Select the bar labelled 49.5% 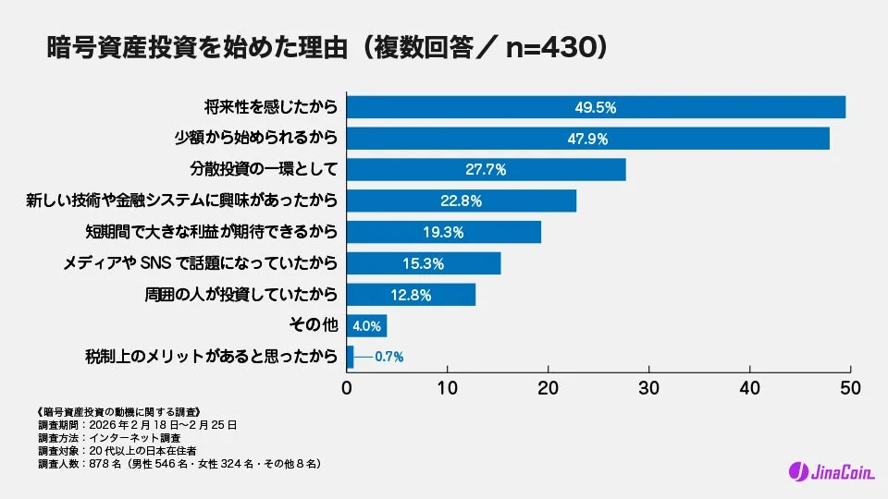click(596, 107)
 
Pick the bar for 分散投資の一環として click(486, 169)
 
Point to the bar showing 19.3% click(443, 232)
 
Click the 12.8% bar click(411, 295)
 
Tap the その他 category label click(314, 325)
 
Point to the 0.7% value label click(388, 357)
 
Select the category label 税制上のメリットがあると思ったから click(212, 357)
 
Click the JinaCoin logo click(824, 470)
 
